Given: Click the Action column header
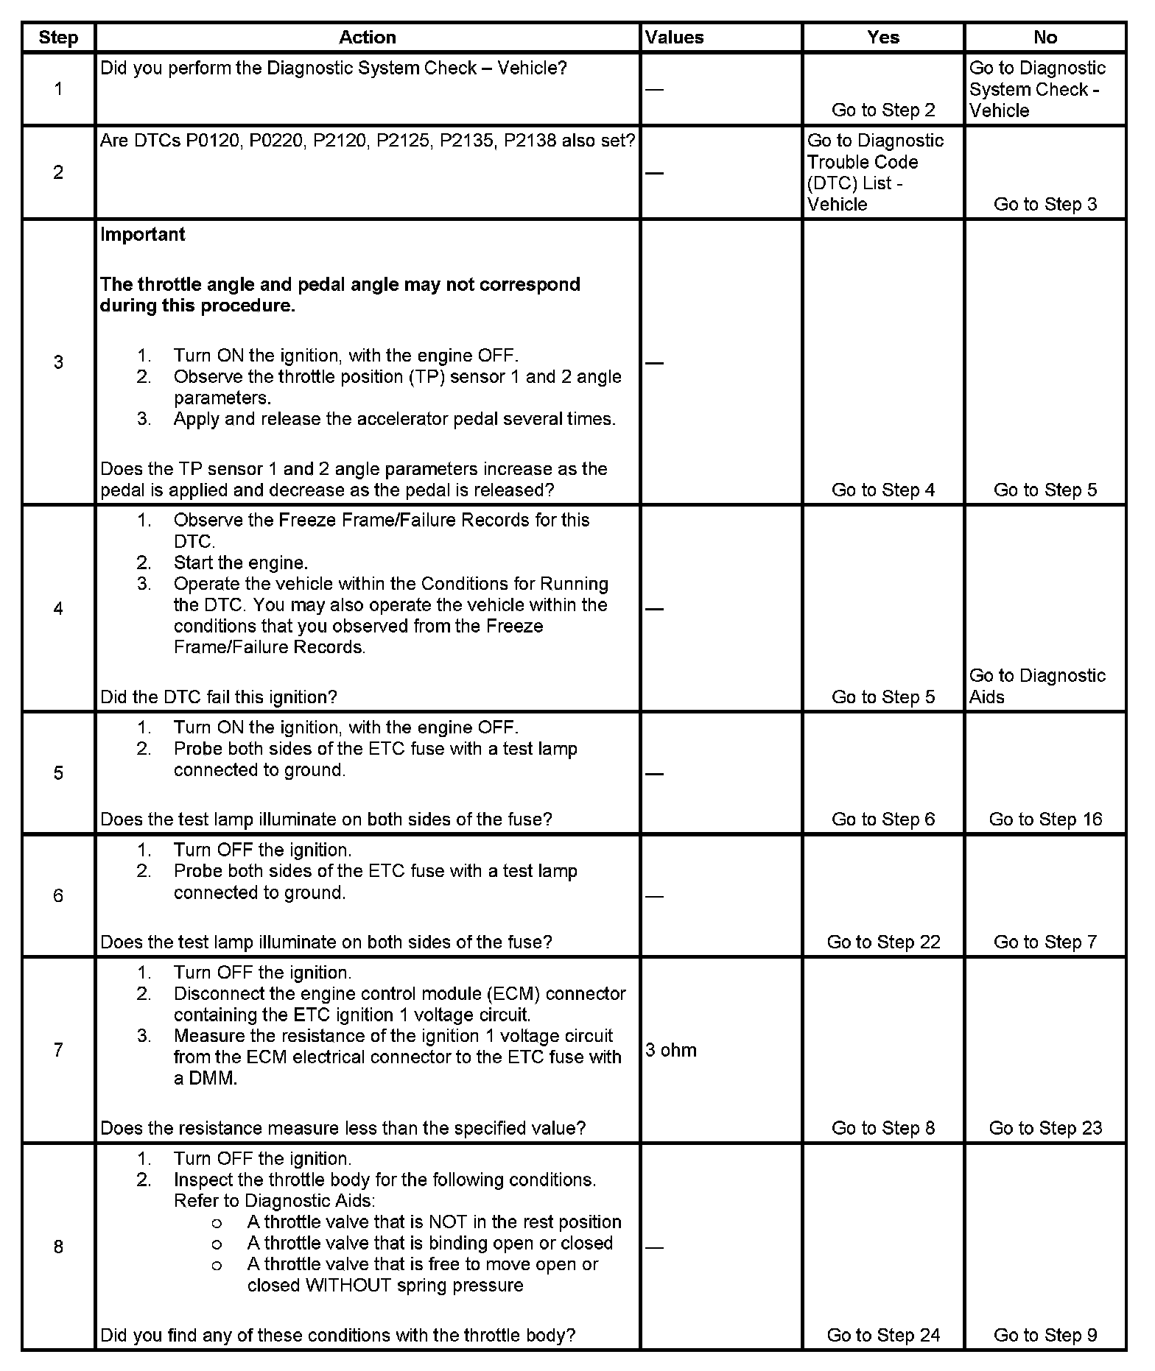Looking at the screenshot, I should pos(367,38).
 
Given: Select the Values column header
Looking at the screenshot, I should pos(674,38).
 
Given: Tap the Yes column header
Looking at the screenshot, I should pos(882,38).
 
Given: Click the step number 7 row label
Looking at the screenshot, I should pos(58,1050).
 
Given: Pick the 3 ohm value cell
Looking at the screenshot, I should pos(671,1050).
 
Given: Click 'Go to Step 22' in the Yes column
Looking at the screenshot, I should pos(883,942).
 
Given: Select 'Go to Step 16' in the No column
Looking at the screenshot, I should pos(1045,820).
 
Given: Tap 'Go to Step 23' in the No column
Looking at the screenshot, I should pos(1045,1128).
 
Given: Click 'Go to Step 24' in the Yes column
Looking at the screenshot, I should pos(883,1335).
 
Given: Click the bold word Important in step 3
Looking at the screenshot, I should pos(142,235).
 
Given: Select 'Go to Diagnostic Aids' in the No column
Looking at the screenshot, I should pos(1037,686).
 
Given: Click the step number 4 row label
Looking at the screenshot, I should pos(58,608).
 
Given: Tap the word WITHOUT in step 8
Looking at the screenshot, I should pos(349,1285).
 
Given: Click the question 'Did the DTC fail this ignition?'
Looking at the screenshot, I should pos(219,697).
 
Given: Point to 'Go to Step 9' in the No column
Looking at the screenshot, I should pos(1045,1335).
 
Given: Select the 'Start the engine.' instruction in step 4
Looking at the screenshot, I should pos(241,563).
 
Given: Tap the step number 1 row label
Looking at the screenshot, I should pos(58,89).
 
